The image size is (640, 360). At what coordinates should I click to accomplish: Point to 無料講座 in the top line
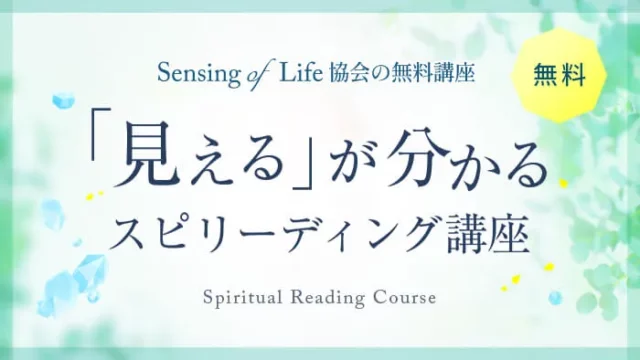pos(431,73)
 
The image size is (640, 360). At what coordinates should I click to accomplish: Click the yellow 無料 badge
pos(559,76)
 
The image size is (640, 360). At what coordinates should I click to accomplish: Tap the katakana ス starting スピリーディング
pos(130,236)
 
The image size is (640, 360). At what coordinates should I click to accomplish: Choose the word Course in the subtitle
pos(403,299)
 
